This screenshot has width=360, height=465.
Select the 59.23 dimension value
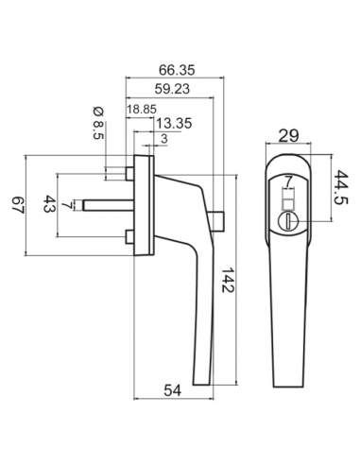[172, 89]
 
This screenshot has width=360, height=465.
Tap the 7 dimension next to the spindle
[64, 204]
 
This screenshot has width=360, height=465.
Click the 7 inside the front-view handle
[287, 180]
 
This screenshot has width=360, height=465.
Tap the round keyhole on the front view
[286, 219]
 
